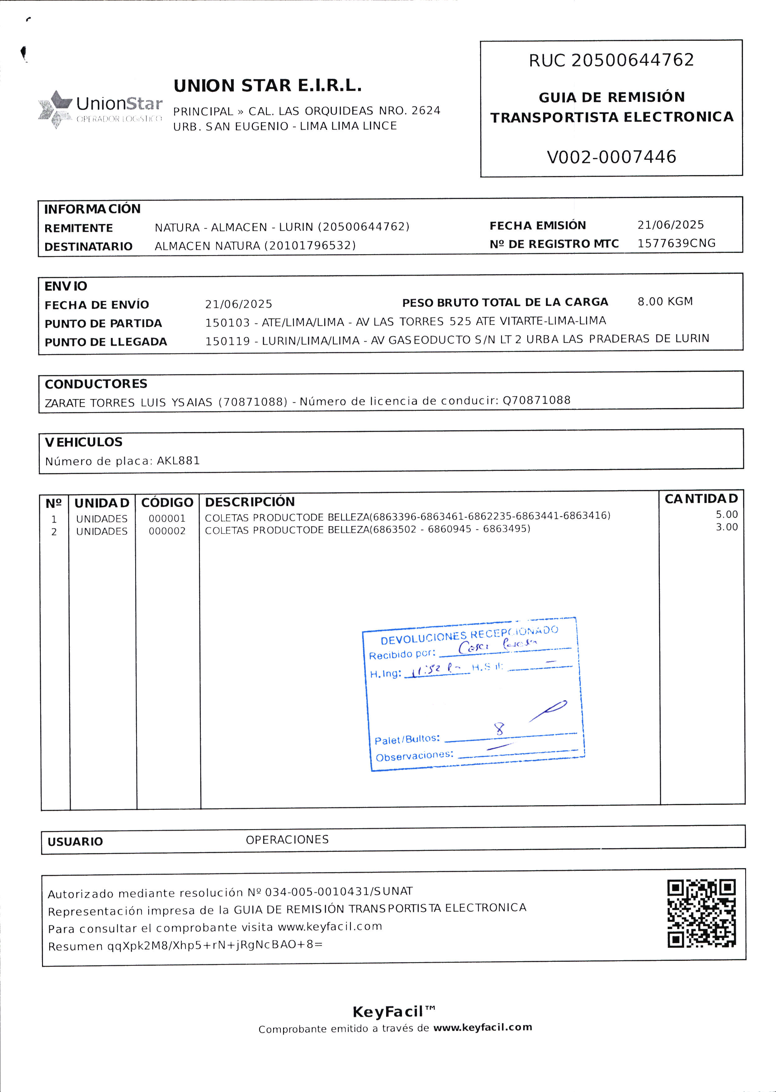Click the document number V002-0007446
611,157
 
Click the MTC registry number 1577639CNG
676,243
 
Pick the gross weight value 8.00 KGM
665,301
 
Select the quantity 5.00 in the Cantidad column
726,515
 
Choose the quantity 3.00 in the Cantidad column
726,527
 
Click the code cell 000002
167,531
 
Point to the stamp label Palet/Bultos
407,739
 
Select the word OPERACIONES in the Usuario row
287,840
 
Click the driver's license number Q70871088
536,400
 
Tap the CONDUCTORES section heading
96,384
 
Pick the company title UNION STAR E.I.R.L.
267,86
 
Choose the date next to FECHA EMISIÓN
670,225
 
